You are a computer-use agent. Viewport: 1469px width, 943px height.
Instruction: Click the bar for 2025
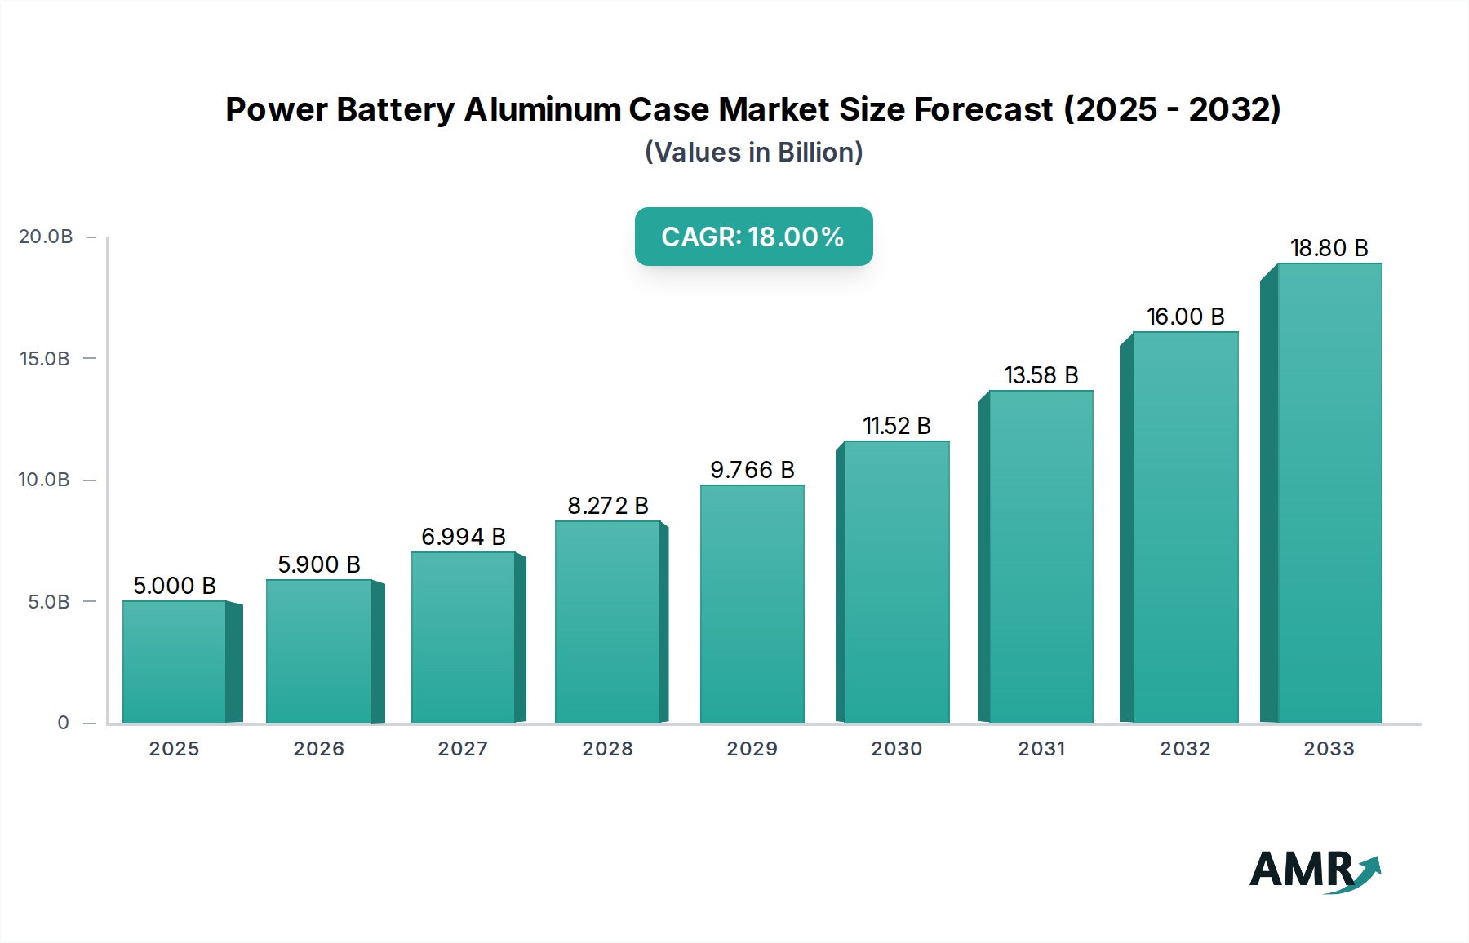click(x=175, y=662)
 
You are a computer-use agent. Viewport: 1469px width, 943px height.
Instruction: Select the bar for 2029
click(x=752, y=604)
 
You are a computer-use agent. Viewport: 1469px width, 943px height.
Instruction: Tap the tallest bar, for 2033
click(x=1329, y=493)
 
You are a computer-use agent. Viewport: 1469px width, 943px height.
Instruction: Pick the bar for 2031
click(x=1041, y=556)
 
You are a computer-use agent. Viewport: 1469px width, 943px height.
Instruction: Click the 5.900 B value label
click(x=319, y=564)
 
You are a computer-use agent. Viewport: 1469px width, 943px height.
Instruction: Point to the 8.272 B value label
click(x=608, y=506)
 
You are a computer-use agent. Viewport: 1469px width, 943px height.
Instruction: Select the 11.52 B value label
click(x=897, y=426)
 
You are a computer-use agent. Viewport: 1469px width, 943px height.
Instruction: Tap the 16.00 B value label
click(x=1185, y=317)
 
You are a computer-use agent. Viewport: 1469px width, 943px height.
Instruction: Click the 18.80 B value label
click(x=1329, y=248)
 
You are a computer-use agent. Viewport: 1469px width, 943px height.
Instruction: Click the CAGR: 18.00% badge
click(x=753, y=237)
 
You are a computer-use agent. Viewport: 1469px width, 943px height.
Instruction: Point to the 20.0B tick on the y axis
click(x=46, y=237)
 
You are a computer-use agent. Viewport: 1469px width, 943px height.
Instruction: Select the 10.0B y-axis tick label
click(x=44, y=480)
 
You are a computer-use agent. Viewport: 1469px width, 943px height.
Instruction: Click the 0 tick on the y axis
click(x=63, y=723)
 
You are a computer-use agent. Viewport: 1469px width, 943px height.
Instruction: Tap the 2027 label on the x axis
click(x=463, y=749)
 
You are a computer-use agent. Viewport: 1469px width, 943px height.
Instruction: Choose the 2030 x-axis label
click(x=896, y=749)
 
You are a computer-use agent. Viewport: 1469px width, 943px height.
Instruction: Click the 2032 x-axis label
click(x=1185, y=749)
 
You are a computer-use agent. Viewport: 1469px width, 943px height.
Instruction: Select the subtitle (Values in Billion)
click(x=753, y=153)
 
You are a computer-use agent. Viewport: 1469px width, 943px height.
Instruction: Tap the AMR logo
click(x=1314, y=870)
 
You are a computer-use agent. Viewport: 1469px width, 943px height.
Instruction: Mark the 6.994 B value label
click(x=464, y=537)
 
